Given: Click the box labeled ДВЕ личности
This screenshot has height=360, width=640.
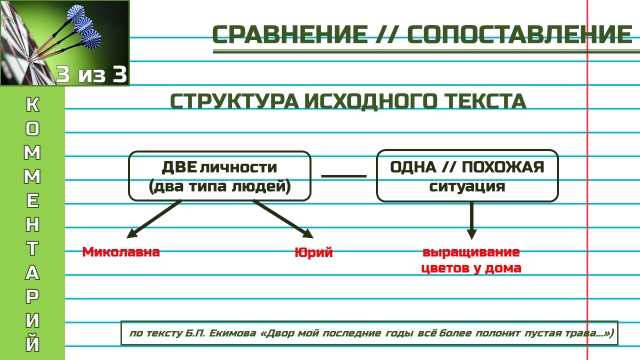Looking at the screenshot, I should [219, 175].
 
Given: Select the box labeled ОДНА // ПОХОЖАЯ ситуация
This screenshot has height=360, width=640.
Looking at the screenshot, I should [467, 175].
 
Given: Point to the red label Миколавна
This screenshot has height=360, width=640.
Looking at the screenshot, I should [121, 251].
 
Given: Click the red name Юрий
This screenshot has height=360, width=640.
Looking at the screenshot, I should [313, 252].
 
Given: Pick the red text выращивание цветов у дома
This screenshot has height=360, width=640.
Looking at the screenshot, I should [471, 260].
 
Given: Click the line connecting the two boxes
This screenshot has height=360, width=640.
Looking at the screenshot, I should [344, 176].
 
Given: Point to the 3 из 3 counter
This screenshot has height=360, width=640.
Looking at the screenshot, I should [92, 74].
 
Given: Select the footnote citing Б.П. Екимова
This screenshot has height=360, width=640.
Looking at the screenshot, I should [370, 333].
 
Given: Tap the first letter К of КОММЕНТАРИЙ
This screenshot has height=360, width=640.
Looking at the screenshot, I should [32, 107].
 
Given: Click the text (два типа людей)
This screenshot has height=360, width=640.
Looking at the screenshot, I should [219, 186].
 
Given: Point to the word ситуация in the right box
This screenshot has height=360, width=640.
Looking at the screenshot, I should [467, 186].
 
